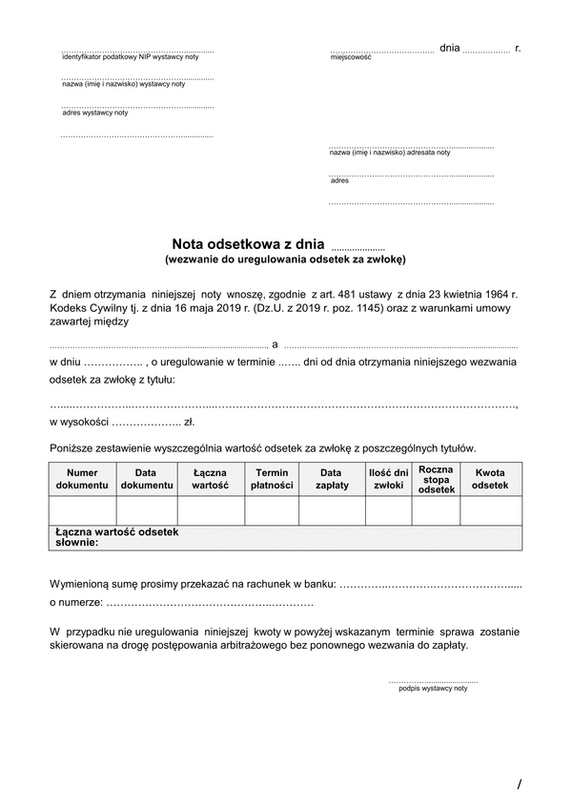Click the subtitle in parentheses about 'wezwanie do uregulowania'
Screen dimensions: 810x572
[x=285, y=259]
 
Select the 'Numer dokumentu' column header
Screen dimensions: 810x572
[x=83, y=479]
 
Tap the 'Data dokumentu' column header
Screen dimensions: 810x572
[x=146, y=479]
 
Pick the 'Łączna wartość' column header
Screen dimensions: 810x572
[x=211, y=479]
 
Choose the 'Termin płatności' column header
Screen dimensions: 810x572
[x=272, y=479]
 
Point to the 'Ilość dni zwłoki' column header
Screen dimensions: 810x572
[x=388, y=479]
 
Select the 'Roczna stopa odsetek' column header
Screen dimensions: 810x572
[x=436, y=479]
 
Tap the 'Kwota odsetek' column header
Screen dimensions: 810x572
[x=490, y=479]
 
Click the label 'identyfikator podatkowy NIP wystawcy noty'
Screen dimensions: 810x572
[x=130, y=57]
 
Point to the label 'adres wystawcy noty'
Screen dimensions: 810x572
[x=94, y=113]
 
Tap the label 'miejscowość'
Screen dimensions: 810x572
[x=350, y=57]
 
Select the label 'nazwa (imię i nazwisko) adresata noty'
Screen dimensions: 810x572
[x=390, y=153]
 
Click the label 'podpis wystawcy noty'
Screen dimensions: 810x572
[x=433, y=688]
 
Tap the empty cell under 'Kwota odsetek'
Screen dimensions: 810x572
[x=490, y=510]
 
